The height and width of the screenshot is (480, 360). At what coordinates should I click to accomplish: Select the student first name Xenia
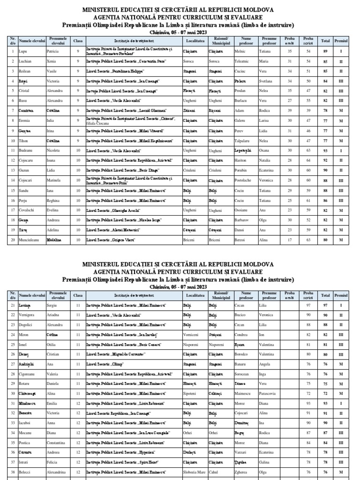pos(52,61)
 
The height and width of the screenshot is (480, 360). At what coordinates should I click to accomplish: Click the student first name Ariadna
pos(54,315)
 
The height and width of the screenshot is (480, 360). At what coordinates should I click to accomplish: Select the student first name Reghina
pos(53,200)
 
